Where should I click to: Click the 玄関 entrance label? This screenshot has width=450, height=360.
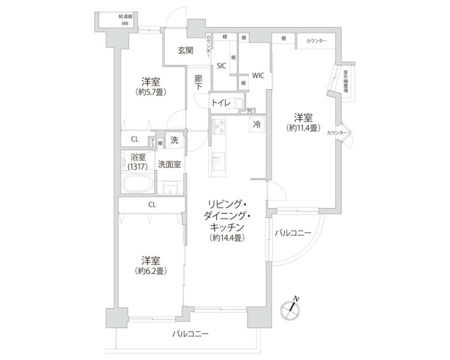[186, 50]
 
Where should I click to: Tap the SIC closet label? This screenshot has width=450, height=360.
[221, 66]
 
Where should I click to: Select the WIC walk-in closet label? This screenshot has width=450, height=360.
[258, 76]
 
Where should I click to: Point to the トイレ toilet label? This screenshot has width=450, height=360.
[221, 104]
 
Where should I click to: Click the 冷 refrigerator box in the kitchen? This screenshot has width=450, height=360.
[257, 124]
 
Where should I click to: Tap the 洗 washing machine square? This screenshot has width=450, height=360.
[174, 140]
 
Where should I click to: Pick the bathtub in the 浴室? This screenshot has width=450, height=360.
[138, 183]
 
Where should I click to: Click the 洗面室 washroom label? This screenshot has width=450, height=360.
[169, 165]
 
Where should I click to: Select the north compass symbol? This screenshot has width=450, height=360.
[291, 308]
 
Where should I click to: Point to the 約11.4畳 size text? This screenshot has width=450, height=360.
[303, 127]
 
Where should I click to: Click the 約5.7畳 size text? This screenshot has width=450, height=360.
[151, 92]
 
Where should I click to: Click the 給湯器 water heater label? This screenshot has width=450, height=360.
[125, 18]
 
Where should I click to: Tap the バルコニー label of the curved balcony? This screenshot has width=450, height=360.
[292, 234]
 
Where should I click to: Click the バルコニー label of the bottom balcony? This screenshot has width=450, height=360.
[190, 335]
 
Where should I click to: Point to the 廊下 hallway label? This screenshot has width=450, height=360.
[199, 81]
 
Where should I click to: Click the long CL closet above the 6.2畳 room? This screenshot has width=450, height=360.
[152, 205]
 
